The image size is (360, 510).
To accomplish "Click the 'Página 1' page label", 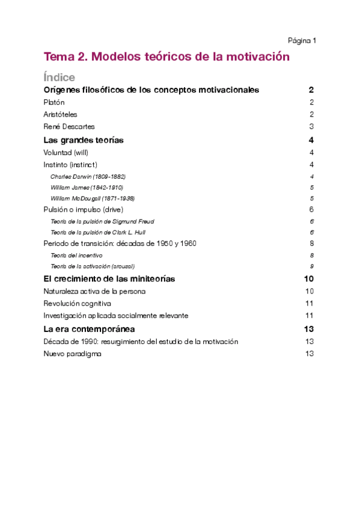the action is pyautogui.click(x=302, y=41).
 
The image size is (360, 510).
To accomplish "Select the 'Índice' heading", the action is pyautogui.click(x=59, y=78).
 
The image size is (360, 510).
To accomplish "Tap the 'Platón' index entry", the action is pyautogui.click(x=54, y=102).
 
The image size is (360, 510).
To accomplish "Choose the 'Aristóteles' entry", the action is pyautogui.click(x=60, y=114).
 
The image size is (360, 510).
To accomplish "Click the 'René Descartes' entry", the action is pyautogui.click(x=69, y=126).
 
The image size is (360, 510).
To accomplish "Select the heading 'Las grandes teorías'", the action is pyautogui.click(x=84, y=140).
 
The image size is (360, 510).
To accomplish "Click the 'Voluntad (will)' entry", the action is pyautogui.click(x=66, y=153).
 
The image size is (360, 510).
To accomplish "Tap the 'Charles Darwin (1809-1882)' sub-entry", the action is pyautogui.click(x=88, y=177).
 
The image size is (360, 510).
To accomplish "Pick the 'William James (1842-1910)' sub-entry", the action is pyautogui.click(x=87, y=188).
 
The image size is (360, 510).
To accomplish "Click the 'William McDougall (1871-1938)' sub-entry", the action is pyautogui.click(x=93, y=198).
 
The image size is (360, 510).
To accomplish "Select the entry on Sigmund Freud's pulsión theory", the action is pyautogui.click(x=102, y=221).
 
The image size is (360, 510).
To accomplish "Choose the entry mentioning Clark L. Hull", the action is pyautogui.click(x=98, y=232).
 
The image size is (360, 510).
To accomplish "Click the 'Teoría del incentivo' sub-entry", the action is pyautogui.click(x=76, y=255).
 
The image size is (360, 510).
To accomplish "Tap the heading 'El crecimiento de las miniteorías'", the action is pyautogui.click(x=109, y=279).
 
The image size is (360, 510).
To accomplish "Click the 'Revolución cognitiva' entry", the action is pyautogui.click(x=77, y=303).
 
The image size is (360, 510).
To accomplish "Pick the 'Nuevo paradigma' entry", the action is pyautogui.click(x=72, y=354).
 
